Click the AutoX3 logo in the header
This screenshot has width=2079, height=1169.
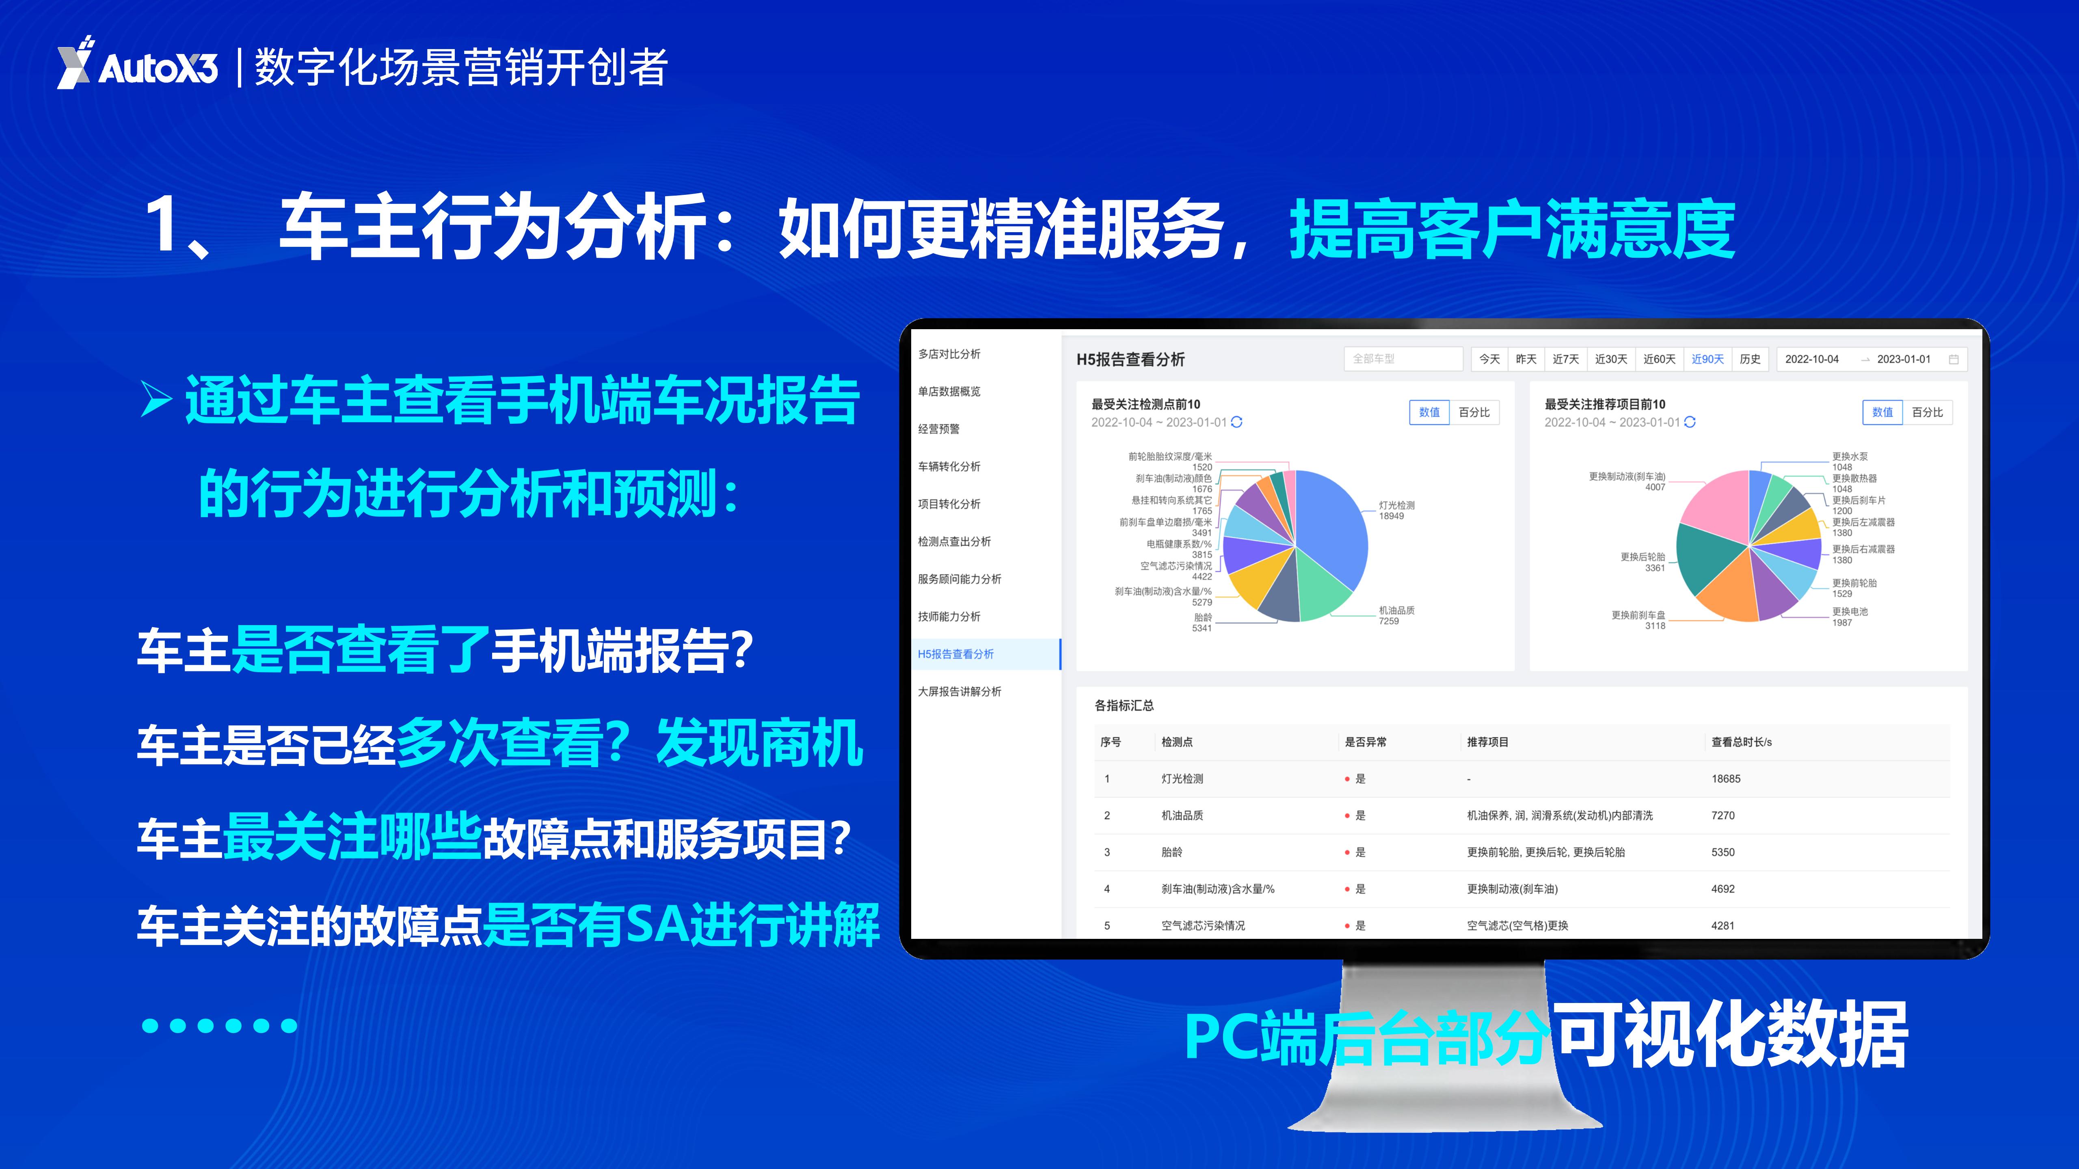point(137,63)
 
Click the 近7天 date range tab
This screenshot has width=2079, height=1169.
point(1566,359)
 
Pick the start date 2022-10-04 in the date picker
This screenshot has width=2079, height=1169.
point(1812,359)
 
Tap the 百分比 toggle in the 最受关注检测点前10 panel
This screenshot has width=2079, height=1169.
point(1474,412)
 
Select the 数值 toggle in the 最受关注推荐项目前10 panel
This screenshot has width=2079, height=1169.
point(1882,412)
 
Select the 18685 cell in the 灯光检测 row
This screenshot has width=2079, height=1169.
point(1725,779)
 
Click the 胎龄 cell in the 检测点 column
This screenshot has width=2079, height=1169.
point(1172,852)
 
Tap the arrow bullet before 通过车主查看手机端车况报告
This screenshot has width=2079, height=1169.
point(157,400)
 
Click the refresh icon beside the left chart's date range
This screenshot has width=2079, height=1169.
point(1236,422)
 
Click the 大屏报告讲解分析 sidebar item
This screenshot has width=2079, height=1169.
point(960,691)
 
